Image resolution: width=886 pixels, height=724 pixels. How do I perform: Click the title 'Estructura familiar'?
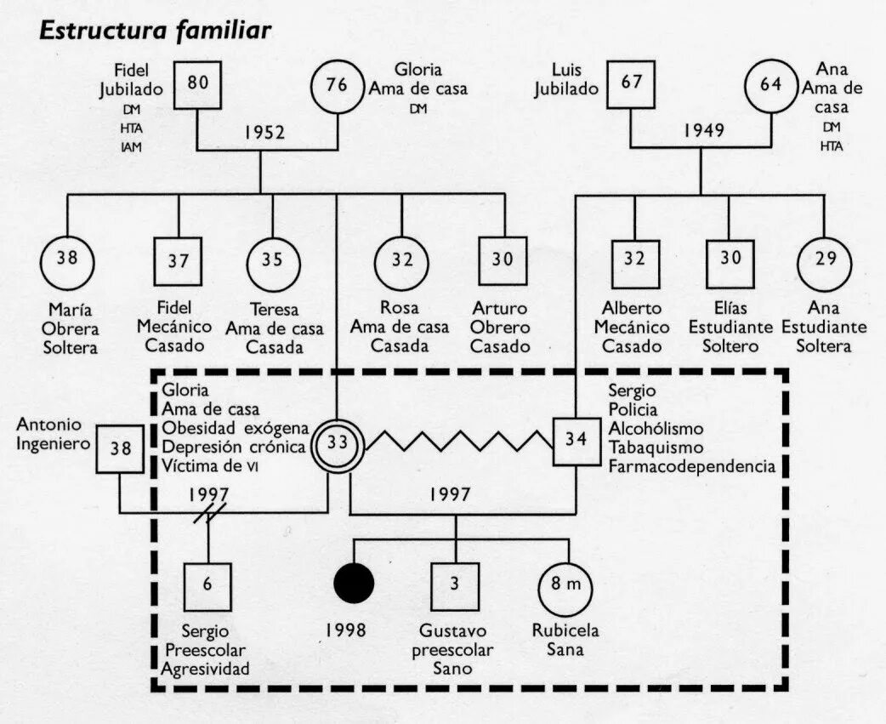click(156, 31)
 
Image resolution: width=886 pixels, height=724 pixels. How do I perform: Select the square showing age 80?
click(197, 84)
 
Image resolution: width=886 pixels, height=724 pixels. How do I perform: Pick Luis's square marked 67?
click(630, 84)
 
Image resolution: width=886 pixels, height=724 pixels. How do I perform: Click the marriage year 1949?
click(701, 130)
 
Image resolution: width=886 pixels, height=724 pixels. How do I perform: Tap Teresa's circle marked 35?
click(272, 260)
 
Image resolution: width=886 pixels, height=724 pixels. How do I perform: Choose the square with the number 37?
click(179, 261)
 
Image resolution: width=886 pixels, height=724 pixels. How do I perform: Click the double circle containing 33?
click(338, 442)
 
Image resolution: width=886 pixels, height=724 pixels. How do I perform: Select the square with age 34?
click(576, 441)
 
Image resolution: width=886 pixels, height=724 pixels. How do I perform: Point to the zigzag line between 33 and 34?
click(459, 442)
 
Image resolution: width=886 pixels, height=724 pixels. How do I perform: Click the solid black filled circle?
click(354, 584)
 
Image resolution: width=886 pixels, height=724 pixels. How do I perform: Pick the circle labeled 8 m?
click(565, 585)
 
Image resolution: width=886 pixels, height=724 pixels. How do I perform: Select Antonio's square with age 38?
click(120, 448)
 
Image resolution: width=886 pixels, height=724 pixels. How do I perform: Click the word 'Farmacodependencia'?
click(692, 466)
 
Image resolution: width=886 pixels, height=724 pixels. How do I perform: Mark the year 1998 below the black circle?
click(346, 630)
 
